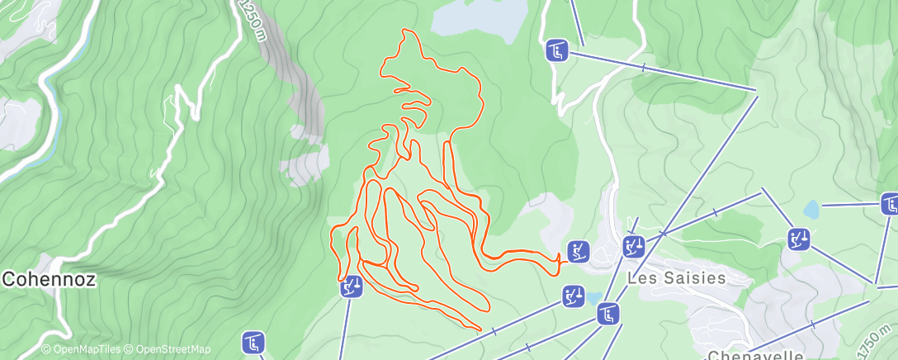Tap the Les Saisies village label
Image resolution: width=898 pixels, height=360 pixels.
tap(677, 278)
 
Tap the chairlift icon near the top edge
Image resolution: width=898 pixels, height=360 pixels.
tap(557, 51)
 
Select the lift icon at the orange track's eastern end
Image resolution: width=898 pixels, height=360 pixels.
tap(579, 251)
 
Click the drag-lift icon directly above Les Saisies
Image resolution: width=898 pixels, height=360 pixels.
tap(633, 245)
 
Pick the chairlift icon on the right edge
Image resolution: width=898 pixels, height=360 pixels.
tap(890, 203)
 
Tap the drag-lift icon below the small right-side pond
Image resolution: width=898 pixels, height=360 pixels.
tap(798, 240)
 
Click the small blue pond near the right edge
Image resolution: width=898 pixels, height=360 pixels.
tap(811, 210)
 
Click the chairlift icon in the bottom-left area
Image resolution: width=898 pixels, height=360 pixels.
tap(253, 341)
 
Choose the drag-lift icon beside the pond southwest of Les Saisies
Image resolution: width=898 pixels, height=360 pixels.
tap(574, 296)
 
